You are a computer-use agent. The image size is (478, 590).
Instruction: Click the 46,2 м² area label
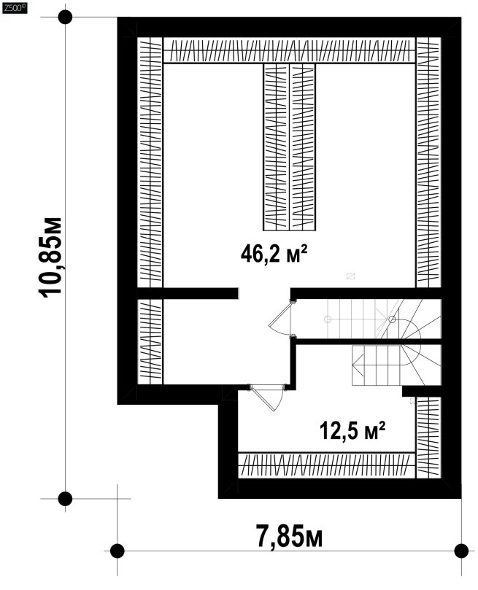[x=274, y=254]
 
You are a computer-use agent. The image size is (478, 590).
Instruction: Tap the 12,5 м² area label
[x=352, y=430]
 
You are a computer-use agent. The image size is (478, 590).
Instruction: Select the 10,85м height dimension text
[x=50, y=257]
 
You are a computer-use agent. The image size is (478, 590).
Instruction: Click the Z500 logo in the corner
[x=15, y=8]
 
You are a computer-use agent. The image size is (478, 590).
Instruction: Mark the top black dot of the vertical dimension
[x=65, y=18]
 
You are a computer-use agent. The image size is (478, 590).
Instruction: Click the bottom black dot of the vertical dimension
[x=65, y=499]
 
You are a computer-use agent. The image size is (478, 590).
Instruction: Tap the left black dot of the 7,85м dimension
[x=117, y=551]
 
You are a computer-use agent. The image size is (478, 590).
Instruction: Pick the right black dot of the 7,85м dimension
[x=461, y=551]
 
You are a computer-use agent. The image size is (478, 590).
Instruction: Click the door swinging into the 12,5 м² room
[x=267, y=398]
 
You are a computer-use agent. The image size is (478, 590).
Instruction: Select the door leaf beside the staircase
[x=280, y=318]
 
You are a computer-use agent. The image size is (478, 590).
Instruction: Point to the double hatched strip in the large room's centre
[x=289, y=147]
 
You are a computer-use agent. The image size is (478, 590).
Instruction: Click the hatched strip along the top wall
[x=290, y=50]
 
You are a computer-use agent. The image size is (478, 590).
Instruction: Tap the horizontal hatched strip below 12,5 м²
[x=327, y=465]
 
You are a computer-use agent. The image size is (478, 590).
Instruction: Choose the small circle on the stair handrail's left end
[x=328, y=319]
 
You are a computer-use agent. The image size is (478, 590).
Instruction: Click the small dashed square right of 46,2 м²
[x=350, y=276]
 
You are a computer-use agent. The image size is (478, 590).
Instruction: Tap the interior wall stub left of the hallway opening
[x=188, y=293]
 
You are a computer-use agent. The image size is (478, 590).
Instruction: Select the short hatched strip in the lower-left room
[x=150, y=341]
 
